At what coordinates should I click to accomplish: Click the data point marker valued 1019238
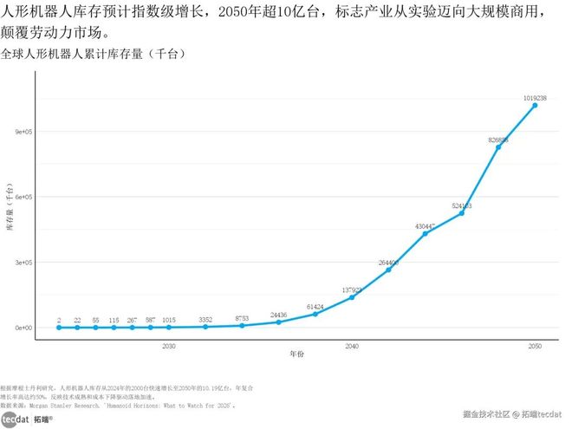[x=535, y=106]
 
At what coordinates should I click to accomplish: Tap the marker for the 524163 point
[x=462, y=213]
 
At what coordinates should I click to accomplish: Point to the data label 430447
[x=425, y=226]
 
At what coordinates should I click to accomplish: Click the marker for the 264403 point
[x=388, y=270]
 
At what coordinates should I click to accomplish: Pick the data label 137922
[x=352, y=289]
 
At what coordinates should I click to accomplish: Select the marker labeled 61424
[x=315, y=314]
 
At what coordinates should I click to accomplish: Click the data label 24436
[x=278, y=315]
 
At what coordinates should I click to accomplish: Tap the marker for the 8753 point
[x=242, y=326]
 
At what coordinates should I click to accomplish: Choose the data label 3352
[x=205, y=320]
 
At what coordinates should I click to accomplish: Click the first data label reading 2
[x=58, y=320]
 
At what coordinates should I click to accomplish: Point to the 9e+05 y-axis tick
[x=22, y=132]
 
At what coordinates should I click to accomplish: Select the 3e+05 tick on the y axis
[x=22, y=263]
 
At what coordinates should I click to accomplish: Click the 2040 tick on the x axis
[x=352, y=346]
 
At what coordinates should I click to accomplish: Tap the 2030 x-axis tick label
[x=168, y=346]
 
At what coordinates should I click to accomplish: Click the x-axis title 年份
[x=297, y=354]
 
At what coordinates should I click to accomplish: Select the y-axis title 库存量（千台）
[x=10, y=208]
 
